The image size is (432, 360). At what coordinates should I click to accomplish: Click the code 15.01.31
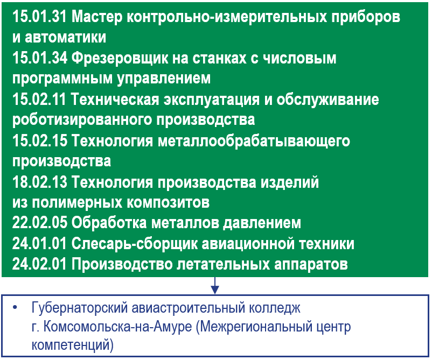pos(39,17)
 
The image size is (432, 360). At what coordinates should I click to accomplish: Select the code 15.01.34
pos(40,58)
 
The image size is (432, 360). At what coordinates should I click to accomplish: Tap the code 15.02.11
pos(39,100)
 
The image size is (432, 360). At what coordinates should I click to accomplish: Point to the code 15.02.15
pos(40,140)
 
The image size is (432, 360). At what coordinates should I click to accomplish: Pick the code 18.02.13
pos(39,182)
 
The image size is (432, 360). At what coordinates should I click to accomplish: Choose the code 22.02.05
pos(40,223)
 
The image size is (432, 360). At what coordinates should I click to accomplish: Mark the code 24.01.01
pos(39,244)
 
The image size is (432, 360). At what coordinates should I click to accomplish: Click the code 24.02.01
pos(39,264)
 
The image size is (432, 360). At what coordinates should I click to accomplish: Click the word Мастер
pos(97,18)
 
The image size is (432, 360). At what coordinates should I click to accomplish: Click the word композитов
pos(168,203)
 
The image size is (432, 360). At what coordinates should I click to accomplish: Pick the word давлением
pos(262,223)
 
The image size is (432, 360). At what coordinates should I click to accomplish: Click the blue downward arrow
pos(215,285)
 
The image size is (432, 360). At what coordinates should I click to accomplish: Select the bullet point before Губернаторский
pos(15,308)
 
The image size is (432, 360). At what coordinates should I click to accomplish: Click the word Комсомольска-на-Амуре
pos(117,327)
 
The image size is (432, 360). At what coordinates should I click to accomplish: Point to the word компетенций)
pos(73,345)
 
